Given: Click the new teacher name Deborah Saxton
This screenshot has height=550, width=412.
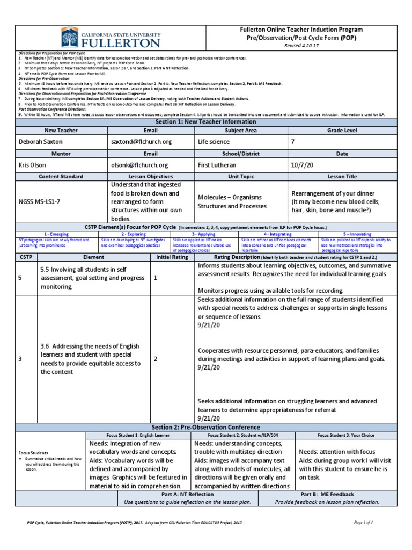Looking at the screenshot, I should [41, 142].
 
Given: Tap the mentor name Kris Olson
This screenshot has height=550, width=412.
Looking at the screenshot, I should [34, 165].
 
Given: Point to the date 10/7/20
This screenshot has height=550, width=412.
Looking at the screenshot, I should [302, 165].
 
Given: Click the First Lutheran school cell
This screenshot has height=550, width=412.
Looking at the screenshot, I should [219, 165].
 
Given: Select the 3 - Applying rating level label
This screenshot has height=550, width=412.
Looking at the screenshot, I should [204, 234].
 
